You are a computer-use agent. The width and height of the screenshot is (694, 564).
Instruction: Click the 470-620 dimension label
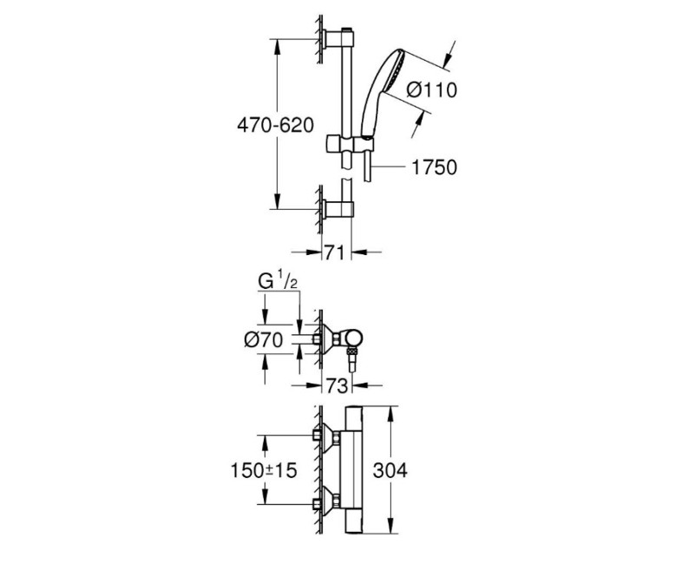[x=274, y=124]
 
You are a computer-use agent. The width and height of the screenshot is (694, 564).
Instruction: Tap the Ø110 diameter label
[x=432, y=89]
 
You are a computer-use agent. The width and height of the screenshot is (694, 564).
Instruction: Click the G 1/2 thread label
[x=278, y=283]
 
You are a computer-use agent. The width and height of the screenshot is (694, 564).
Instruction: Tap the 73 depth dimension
[x=336, y=384]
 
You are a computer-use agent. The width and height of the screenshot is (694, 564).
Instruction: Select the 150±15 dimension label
[x=262, y=470]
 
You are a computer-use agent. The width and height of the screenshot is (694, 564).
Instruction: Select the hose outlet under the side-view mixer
[x=352, y=357]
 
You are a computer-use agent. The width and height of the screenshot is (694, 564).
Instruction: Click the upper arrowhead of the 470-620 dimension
[x=277, y=44]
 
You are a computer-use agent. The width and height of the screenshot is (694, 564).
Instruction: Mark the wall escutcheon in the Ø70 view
[x=322, y=340]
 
